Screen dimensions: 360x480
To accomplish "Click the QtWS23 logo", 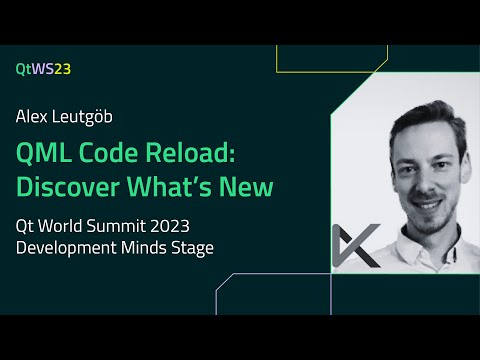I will (43, 69).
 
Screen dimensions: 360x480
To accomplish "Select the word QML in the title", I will (42, 153).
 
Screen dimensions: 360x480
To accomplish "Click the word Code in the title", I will (106, 153).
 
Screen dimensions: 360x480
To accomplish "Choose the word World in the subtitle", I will (77, 226).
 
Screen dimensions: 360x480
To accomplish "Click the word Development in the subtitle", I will (63, 248).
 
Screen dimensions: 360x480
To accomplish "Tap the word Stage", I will (192, 248).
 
